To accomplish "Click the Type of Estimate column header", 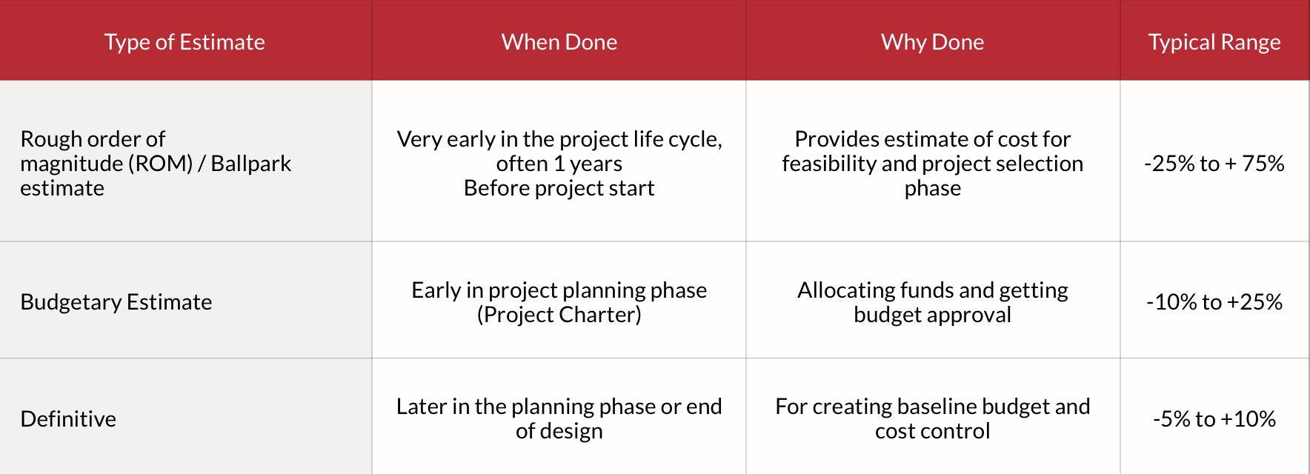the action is pos(184,42).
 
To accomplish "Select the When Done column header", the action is pos(559,42).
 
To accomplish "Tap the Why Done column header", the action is pos(933,42).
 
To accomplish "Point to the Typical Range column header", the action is pos(1214,42).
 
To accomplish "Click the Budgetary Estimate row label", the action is pos(116,302).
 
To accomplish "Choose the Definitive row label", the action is pos(68,419).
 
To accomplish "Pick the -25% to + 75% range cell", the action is pos(1214,164).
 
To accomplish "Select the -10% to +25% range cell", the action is pos(1214,302).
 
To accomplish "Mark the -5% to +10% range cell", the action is pos(1214,419).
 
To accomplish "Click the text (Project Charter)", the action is pos(559,315).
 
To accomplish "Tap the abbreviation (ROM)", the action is pos(161,164).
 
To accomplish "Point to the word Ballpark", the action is pos(251,164).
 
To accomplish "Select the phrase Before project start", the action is pos(559,188).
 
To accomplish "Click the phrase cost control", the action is pos(933,431).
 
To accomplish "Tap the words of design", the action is pos(559,431).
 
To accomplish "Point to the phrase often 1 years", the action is pos(559,164).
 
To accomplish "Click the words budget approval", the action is pos(933,315).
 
